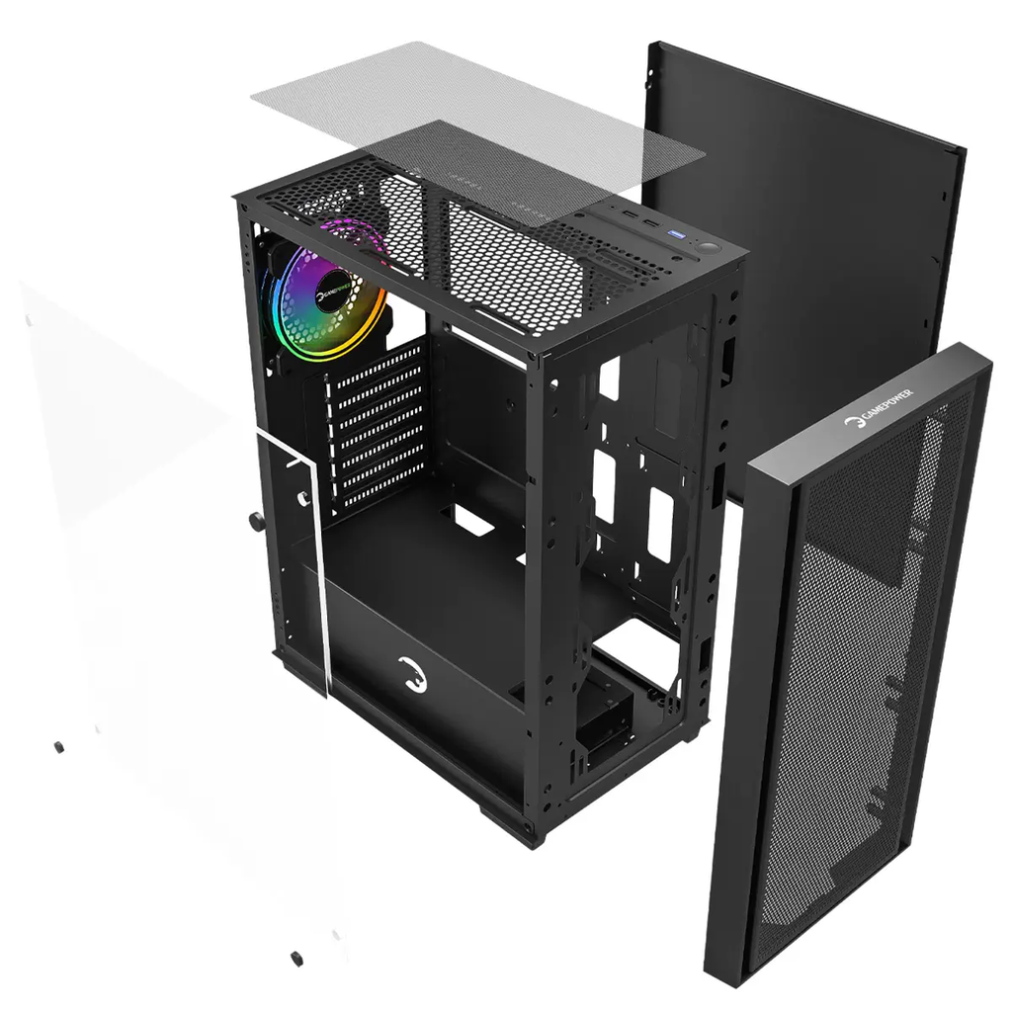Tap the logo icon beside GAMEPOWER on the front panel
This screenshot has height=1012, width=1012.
(x=853, y=423)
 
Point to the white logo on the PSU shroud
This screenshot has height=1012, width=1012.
(x=412, y=675)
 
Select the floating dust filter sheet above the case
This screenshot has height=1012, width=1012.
(x=477, y=133)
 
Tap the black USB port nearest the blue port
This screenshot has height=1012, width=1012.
(x=652, y=224)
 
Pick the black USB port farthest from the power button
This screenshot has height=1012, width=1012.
(x=629, y=213)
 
